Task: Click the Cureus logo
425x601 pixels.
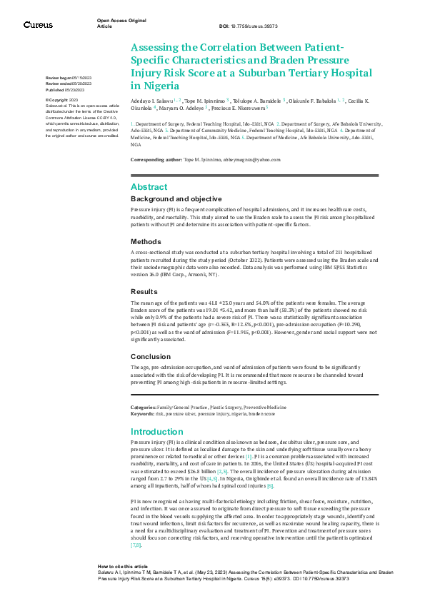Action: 38,25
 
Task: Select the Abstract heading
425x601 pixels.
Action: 149,186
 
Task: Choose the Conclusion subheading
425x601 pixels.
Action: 150,356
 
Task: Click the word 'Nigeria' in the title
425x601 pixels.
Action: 151,85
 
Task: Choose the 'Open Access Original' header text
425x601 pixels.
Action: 121,21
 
